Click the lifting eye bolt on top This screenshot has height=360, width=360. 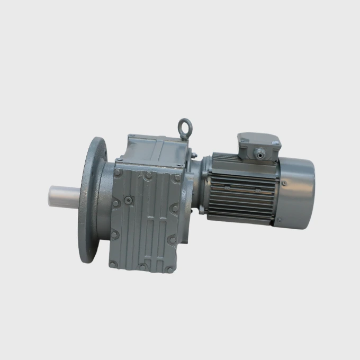point(184,126)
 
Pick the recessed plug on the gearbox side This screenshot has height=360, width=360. point(128,201)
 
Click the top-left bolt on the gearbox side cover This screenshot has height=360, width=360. point(117,172)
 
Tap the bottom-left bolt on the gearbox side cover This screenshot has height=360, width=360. point(112,263)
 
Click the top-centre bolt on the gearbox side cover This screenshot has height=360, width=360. point(149,175)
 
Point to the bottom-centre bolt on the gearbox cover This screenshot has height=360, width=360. point(142,267)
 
